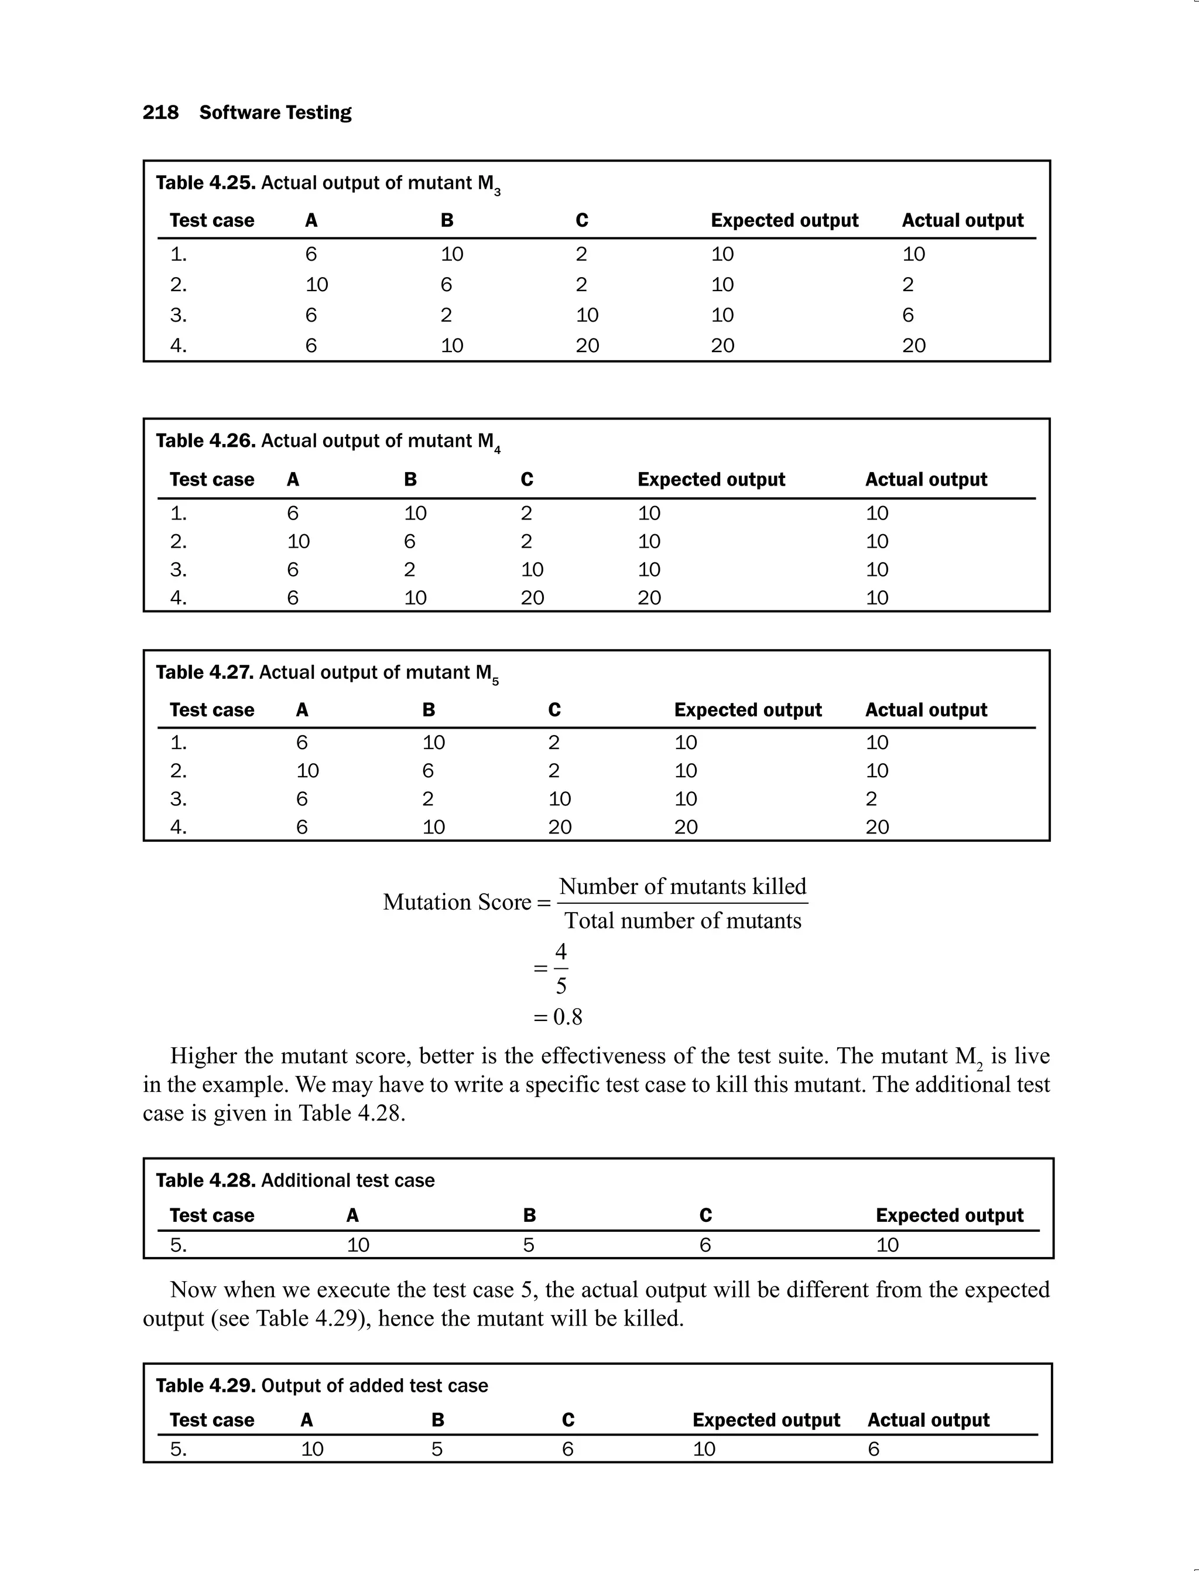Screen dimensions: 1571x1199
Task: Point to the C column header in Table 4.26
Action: click(527, 479)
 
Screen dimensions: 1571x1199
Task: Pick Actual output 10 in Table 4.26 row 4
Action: click(876, 597)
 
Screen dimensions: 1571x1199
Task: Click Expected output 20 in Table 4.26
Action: click(649, 597)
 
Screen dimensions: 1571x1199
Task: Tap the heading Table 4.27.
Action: click(205, 672)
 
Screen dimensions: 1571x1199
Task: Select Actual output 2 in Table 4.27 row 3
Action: click(871, 799)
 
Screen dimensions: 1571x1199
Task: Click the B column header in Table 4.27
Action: click(428, 710)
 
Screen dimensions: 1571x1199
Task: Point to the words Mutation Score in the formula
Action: click(457, 903)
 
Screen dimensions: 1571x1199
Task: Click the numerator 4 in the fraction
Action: click(561, 952)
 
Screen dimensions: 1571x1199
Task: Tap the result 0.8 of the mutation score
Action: click(567, 1017)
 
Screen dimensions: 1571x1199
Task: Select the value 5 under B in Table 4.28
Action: click(528, 1245)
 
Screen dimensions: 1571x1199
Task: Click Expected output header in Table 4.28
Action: click(949, 1215)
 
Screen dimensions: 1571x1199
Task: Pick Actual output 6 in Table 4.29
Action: click(873, 1449)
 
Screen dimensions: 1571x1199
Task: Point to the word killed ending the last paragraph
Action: click(652, 1318)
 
